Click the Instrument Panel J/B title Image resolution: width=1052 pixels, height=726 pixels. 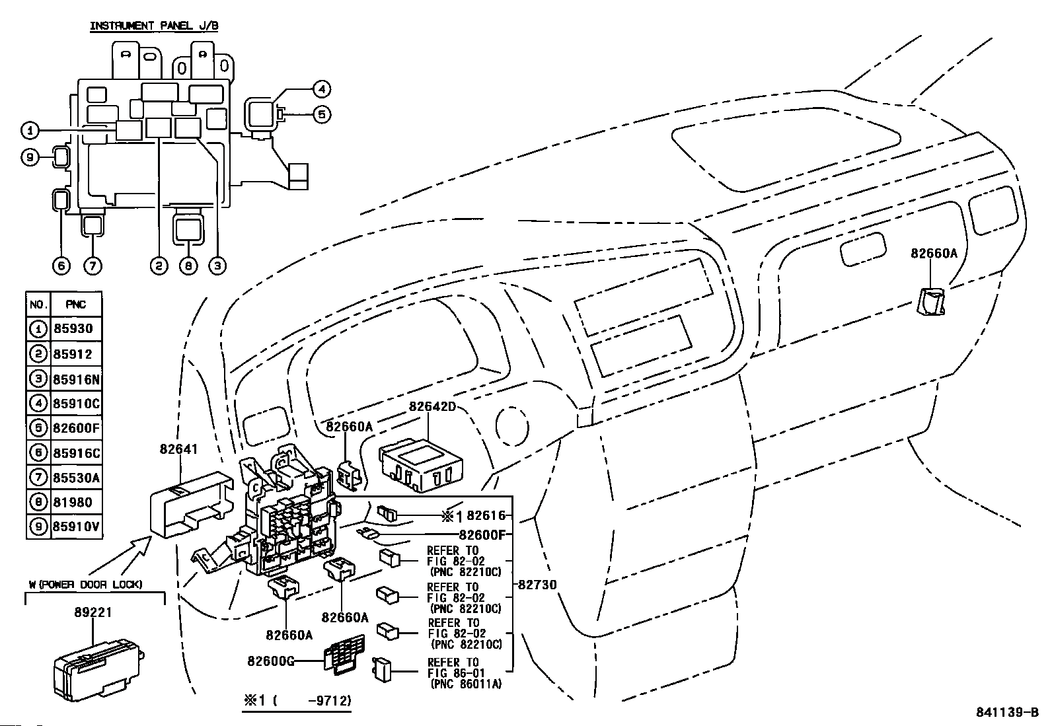[x=154, y=26]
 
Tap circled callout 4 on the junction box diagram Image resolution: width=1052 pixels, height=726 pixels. [x=321, y=89]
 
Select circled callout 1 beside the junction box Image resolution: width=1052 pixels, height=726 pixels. [x=30, y=130]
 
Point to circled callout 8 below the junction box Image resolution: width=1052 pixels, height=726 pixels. [x=188, y=266]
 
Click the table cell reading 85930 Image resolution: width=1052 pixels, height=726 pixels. [x=73, y=329]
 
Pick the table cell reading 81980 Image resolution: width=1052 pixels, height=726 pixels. [x=73, y=503]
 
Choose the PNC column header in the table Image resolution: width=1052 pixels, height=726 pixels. [x=75, y=305]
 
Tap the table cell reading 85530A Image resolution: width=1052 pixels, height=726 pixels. [x=76, y=478]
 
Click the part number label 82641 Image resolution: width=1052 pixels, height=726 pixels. [x=178, y=449]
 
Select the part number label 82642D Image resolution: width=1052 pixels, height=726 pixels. [x=432, y=406]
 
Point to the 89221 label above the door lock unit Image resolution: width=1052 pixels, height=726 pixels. [x=93, y=612]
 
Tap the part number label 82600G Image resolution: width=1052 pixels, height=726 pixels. [x=270, y=661]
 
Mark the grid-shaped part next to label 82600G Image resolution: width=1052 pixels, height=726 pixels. [x=344, y=654]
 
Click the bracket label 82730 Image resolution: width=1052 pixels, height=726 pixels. [x=537, y=585]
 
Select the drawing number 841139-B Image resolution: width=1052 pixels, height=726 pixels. [x=1007, y=712]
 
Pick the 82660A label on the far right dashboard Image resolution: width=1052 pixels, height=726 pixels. [x=934, y=254]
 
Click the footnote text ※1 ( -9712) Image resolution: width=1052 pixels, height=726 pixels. [x=297, y=701]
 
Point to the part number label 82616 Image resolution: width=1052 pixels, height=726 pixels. [x=486, y=516]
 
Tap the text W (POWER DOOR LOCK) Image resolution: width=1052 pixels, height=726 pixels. [x=85, y=585]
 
